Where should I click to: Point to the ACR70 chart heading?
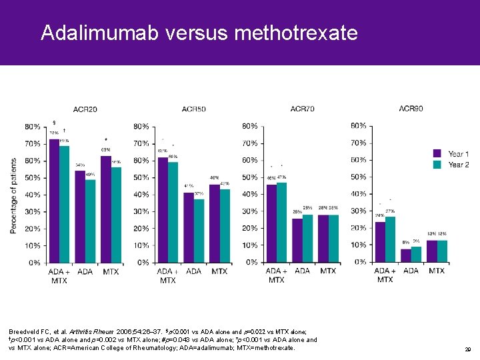click(x=302, y=109)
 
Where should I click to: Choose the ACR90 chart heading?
click(x=411, y=109)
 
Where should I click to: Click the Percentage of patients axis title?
click(x=14, y=195)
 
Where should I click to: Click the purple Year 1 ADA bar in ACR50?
click(x=189, y=227)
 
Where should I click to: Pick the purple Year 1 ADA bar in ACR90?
click(x=406, y=255)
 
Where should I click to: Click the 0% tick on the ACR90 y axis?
click(x=359, y=262)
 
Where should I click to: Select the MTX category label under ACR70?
click(x=328, y=271)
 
